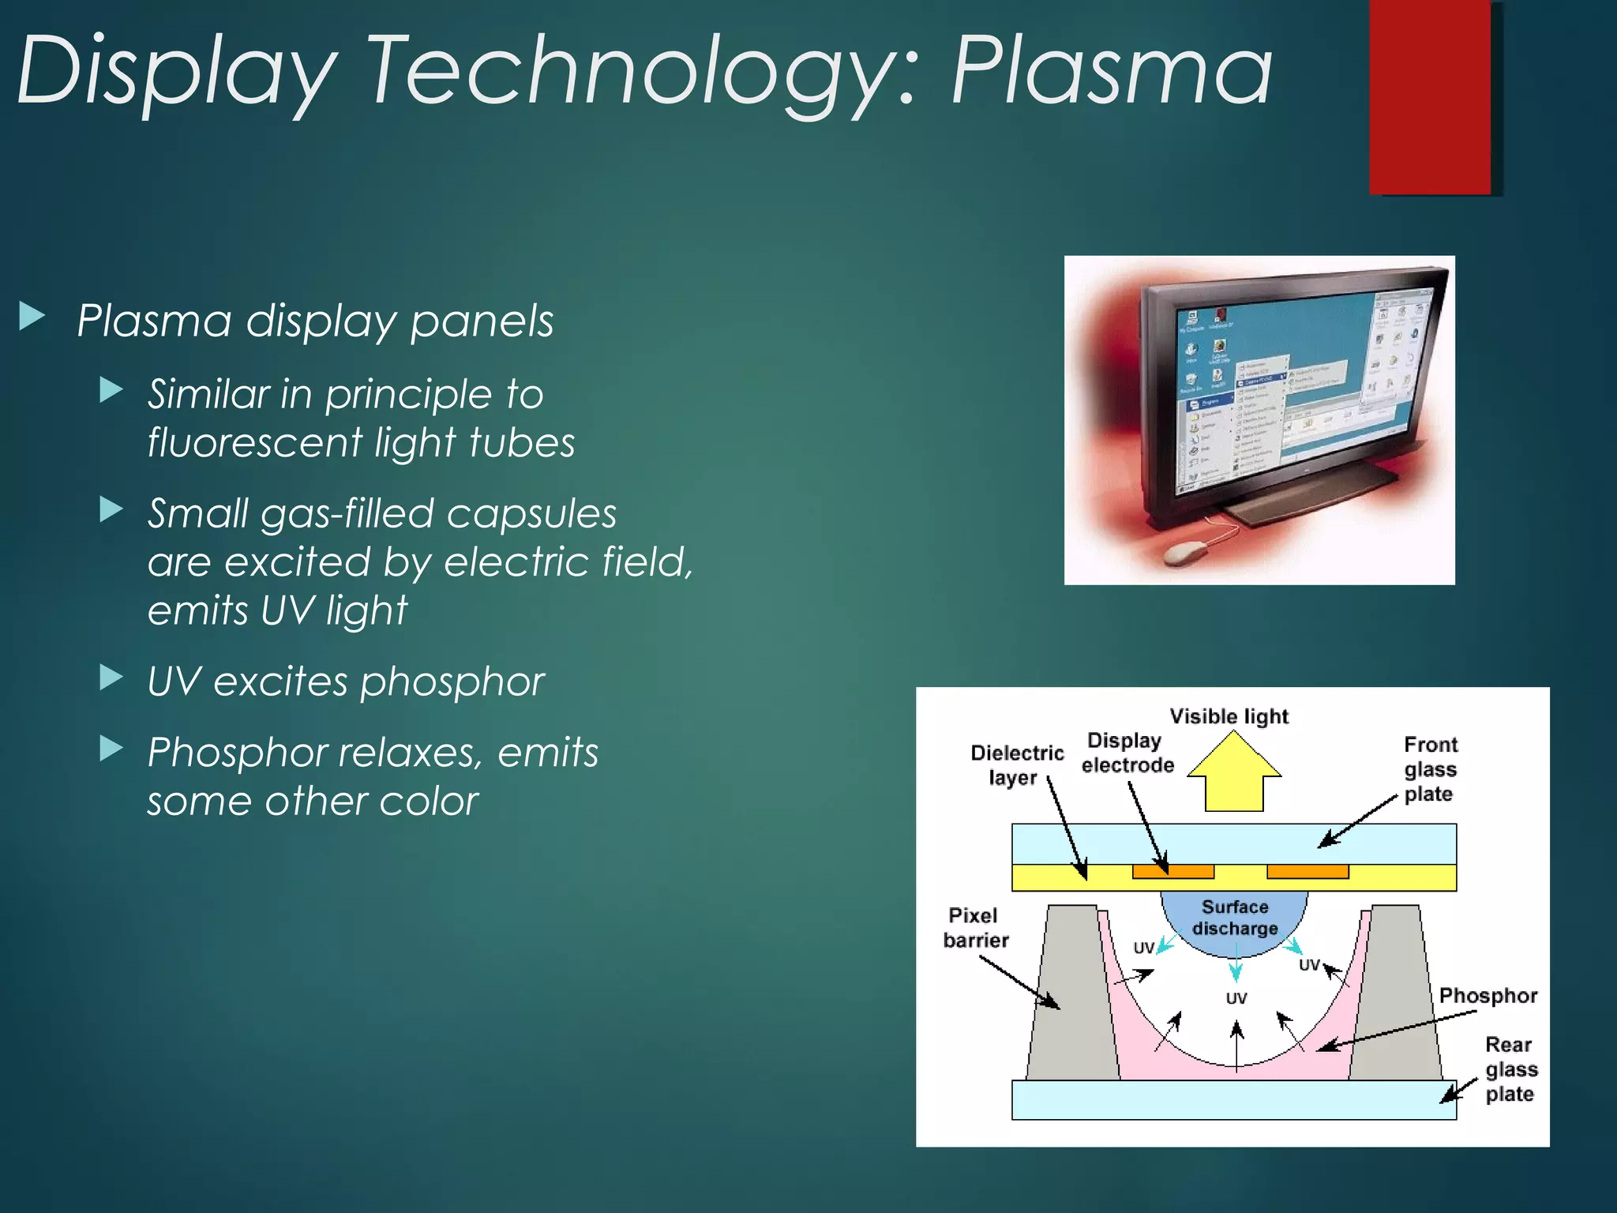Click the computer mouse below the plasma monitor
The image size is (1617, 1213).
[x=1189, y=552]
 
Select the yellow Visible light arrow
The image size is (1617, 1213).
[x=1234, y=773]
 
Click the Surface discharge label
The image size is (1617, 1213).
[x=1235, y=918]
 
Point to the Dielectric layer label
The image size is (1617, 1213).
[x=1016, y=764]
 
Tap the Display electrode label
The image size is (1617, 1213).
[x=1127, y=753]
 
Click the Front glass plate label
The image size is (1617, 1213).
[x=1430, y=768]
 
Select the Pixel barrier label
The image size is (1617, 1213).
[x=976, y=927]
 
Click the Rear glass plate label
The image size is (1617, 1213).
[x=1510, y=1069]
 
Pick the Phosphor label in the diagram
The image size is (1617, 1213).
[x=1488, y=996]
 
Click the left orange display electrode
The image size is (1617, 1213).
[x=1172, y=872]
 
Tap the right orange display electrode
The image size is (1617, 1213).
[x=1307, y=872]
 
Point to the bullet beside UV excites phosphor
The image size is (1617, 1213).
[x=111, y=678]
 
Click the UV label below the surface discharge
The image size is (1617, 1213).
[x=1236, y=999]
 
